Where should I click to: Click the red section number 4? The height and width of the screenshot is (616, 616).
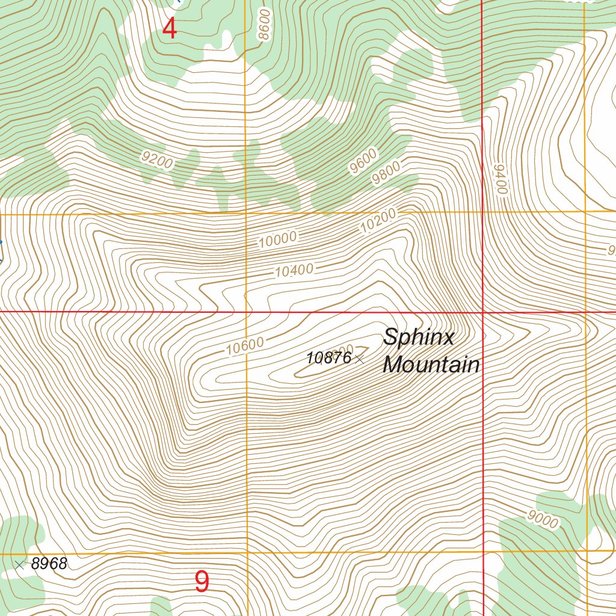click(170, 28)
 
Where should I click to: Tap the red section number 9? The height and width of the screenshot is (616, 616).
click(202, 582)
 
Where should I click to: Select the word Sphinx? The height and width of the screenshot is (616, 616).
click(419, 337)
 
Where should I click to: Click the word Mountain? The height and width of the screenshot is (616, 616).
click(431, 365)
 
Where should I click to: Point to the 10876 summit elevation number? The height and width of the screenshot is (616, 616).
click(328, 358)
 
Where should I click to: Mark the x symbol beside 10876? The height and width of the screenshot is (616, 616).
click(360, 359)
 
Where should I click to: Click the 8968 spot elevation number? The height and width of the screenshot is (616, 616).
click(49, 564)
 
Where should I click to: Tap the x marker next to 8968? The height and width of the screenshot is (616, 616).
click(20, 564)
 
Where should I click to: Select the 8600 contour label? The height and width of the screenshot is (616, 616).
click(265, 25)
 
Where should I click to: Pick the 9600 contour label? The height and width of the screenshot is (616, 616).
click(363, 161)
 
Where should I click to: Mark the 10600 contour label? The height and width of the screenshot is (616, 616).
click(245, 346)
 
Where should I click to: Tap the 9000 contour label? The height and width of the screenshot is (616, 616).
click(542, 519)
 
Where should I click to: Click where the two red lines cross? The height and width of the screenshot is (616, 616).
click(484, 312)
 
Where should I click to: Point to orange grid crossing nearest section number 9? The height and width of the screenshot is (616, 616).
click(247, 552)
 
